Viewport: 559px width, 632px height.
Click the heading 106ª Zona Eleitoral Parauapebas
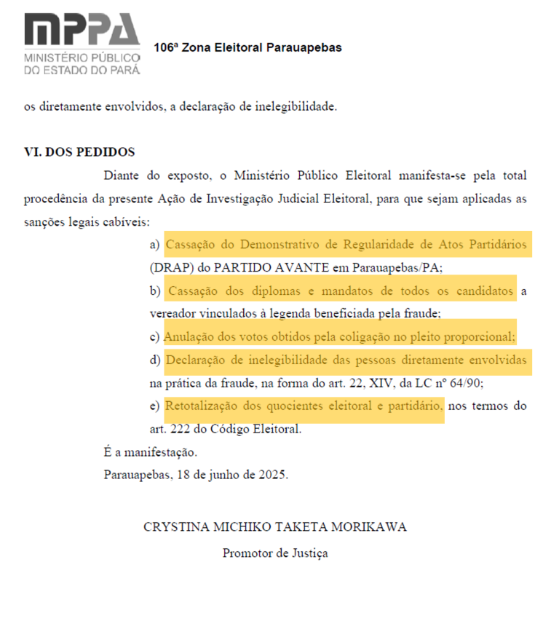(247, 48)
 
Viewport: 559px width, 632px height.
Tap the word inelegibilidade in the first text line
(296, 107)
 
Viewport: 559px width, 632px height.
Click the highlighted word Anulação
(188, 337)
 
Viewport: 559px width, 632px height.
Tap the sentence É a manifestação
(150, 452)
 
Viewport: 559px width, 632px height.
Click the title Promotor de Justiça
(275, 553)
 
